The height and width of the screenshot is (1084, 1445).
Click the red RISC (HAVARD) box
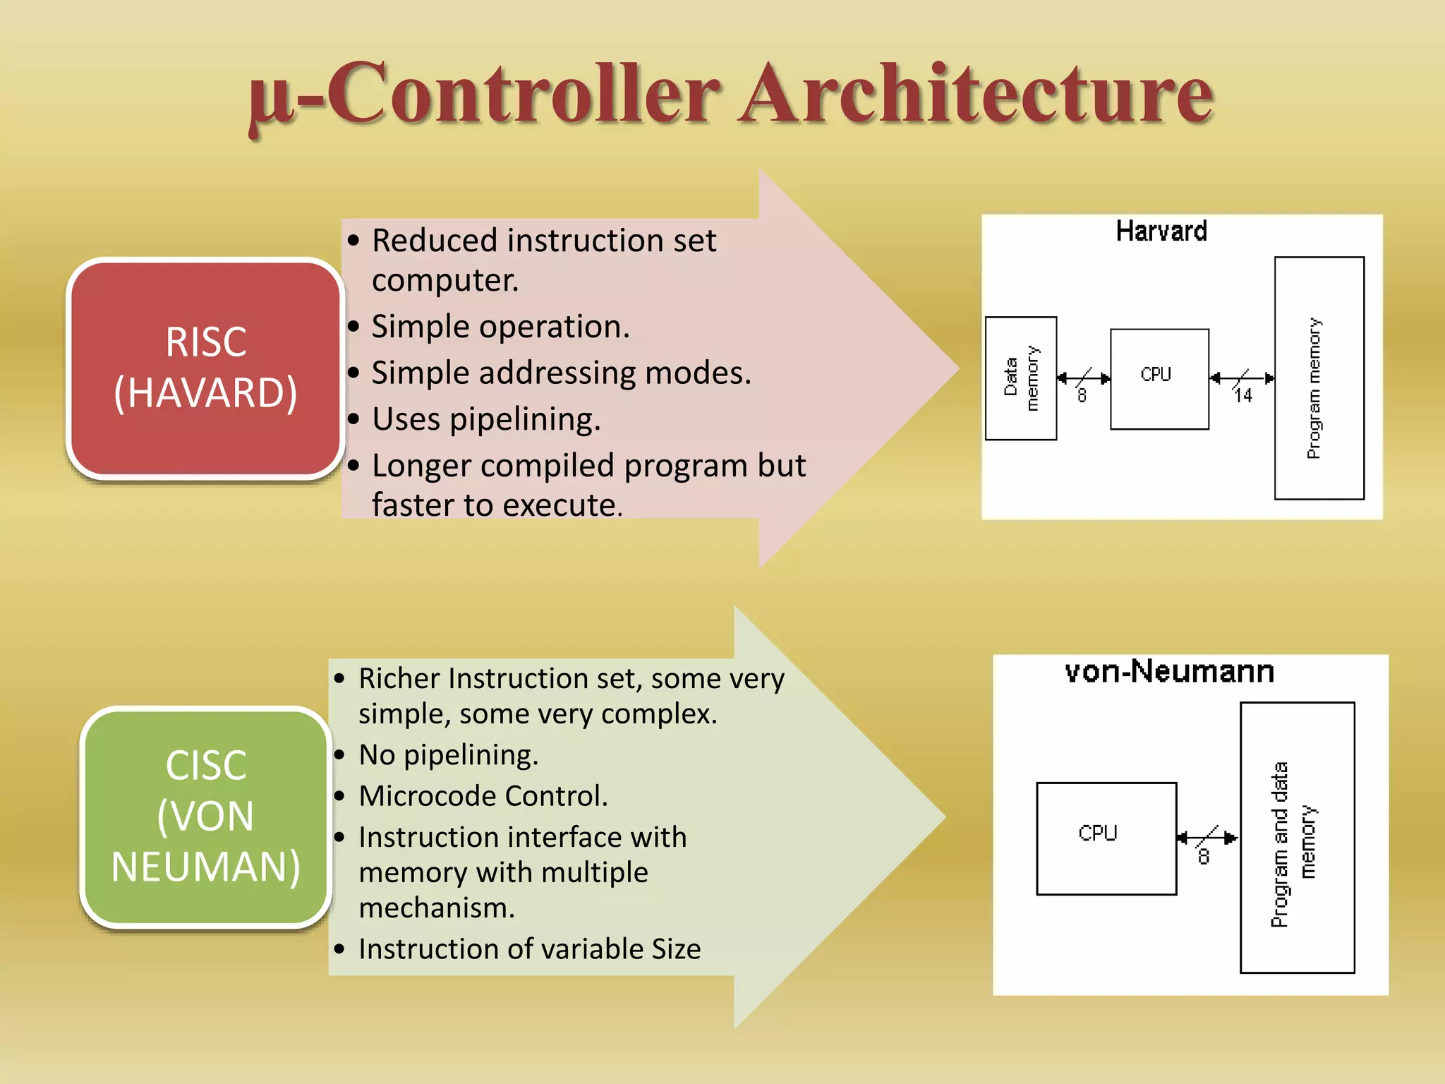[x=205, y=368]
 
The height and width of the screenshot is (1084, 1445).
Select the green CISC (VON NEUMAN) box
[x=205, y=816]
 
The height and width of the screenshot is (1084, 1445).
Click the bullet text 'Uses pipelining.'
[x=486, y=419]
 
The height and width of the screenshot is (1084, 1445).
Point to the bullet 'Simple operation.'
[x=500, y=327]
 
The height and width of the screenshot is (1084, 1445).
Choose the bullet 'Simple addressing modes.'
[x=561, y=373]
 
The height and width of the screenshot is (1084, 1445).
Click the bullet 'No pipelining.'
[x=448, y=755]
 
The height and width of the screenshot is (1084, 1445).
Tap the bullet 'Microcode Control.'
[x=483, y=796]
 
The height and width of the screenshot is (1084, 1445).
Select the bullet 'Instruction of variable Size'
[x=529, y=949]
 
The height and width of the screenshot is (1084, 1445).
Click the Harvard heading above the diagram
[x=1161, y=231]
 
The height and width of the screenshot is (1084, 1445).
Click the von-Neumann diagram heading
[x=1169, y=671]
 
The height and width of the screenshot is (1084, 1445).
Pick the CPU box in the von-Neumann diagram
[x=1106, y=838]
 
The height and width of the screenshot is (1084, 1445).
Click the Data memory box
[x=1020, y=378]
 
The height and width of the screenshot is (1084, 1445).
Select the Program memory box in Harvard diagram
[x=1318, y=378]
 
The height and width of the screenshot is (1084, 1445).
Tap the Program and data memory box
[x=1297, y=838]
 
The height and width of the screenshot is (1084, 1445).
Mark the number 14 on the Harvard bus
[x=1243, y=396]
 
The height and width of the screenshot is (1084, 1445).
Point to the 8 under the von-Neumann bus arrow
[x=1204, y=857]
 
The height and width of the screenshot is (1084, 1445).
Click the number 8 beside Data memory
[x=1082, y=396]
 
